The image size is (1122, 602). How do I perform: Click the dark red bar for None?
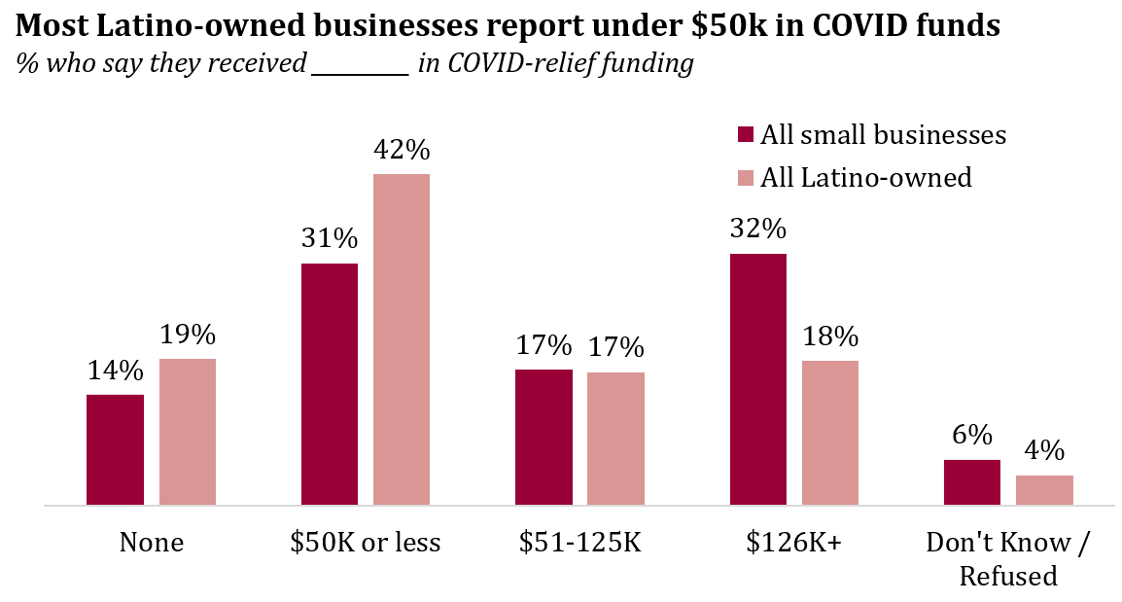coord(115,450)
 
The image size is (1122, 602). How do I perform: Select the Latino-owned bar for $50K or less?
coord(402,339)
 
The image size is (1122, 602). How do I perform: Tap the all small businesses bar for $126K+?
coord(758,379)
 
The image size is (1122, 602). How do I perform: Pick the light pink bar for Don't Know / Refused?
coord(1044,490)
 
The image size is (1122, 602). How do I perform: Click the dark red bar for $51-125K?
coord(543,438)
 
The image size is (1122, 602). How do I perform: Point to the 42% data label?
coord(402,151)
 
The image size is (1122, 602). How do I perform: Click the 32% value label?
coord(758,230)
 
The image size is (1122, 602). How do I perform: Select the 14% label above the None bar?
coord(115,371)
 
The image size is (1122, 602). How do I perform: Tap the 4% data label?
coord(1044,451)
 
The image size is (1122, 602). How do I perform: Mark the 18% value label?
coord(830,336)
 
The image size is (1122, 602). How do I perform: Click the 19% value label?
coord(188,335)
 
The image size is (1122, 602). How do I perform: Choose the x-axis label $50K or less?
coord(366,543)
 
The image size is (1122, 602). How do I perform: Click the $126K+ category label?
coord(794,543)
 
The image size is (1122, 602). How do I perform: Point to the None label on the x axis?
coord(151,543)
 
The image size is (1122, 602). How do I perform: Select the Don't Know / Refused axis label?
coord(1008,558)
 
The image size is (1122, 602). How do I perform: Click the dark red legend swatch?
coord(746,134)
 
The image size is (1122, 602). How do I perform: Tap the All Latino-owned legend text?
coord(866,177)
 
